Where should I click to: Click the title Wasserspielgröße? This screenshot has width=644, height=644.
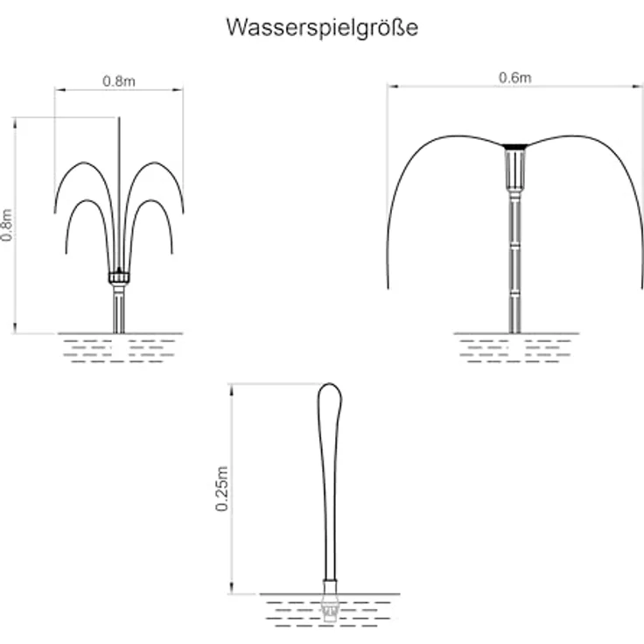pyautogui.click(x=322, y=28)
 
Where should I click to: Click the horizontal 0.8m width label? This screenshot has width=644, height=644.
pyautogui.click(x=119, y=81)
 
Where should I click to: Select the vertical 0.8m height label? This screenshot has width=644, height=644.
pyautogui.click(x=7, y=225)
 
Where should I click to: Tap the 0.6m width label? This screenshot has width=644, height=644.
pyautogui.click(x=514, y=78)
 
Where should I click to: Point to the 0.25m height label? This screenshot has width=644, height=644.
pyautogui.click(x=221, y=489)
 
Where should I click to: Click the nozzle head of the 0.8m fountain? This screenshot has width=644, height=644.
pyautogui.click(x=119, y=276)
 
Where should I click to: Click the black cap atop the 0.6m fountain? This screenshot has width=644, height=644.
pyautogui.click(x=514, y=147)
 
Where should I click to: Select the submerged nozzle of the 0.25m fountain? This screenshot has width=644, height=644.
pyautogui.click(x=329, y=608)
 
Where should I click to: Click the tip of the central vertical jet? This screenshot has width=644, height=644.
pyautogui.click(x=119, y=118)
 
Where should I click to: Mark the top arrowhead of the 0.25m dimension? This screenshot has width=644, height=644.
pyautogui.click(x=232, y=389)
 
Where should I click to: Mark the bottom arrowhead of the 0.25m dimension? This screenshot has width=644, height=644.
pyautogui.click(x=232, y=589)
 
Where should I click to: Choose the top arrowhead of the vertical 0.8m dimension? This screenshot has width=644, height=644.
pyautogui.click(x=15, y=122)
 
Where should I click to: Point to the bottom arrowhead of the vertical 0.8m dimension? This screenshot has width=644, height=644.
pyautogui.click(x=15, y=328)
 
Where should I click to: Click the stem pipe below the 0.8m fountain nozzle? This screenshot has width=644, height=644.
pyautogui.click(x=119, y=309)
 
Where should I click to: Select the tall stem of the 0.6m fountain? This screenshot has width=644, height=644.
pyautogui.click(x=514, y=262)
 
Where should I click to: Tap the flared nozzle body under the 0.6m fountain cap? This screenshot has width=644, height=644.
pyautogui.click(x=514, y=169)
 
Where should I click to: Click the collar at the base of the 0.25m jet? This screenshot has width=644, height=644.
pyautogui.click(x=329, y=586)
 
